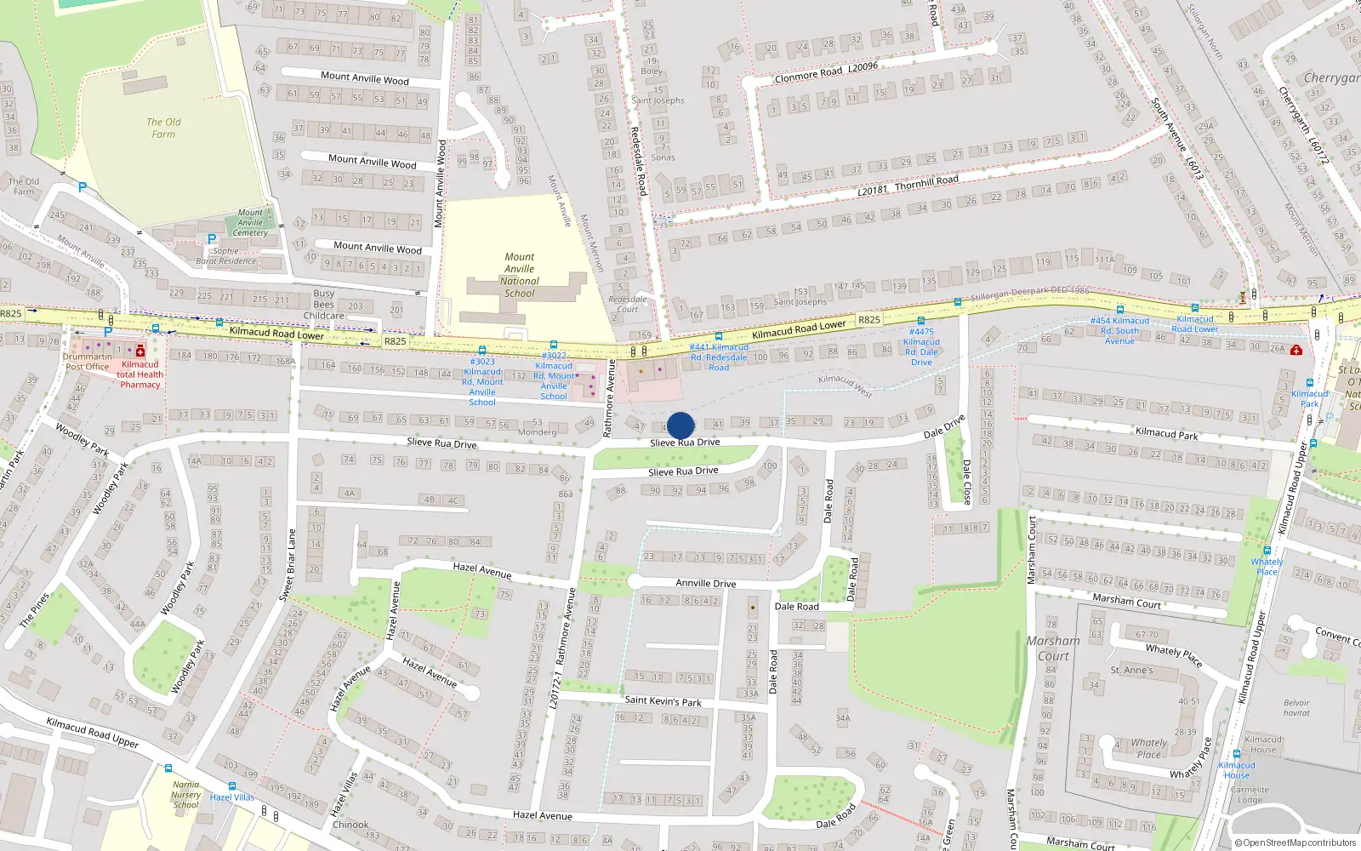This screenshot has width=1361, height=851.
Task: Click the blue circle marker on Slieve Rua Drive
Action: [680, 425]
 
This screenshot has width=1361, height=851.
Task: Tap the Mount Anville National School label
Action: [519, 275]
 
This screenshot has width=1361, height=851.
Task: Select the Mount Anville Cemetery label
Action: [250, 223]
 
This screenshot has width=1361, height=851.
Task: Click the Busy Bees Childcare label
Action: [323, 305]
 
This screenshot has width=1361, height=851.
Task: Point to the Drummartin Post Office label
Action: [88, 362]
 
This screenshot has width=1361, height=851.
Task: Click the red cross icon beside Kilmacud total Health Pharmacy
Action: [140, 351]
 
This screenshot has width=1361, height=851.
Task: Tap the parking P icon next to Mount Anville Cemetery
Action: [212, 240]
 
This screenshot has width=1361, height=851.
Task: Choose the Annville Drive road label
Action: [705, 583]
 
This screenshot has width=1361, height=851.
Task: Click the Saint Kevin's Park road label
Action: [663, 701]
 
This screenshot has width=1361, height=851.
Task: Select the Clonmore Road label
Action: [808, 74]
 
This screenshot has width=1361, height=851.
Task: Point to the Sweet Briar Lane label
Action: [288, 565]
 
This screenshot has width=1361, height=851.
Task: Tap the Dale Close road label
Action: [967, 482]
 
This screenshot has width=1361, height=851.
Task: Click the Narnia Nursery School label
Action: [186, 795]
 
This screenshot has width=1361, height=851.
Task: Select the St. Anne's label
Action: [1131, 670]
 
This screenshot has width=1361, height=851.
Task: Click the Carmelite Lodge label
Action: [1250, 794]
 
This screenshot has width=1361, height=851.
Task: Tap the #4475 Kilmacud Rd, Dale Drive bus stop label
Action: [921, 347]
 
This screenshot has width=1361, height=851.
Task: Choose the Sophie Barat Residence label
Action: [226, 256]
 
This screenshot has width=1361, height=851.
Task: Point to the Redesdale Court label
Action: [628, 304]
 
